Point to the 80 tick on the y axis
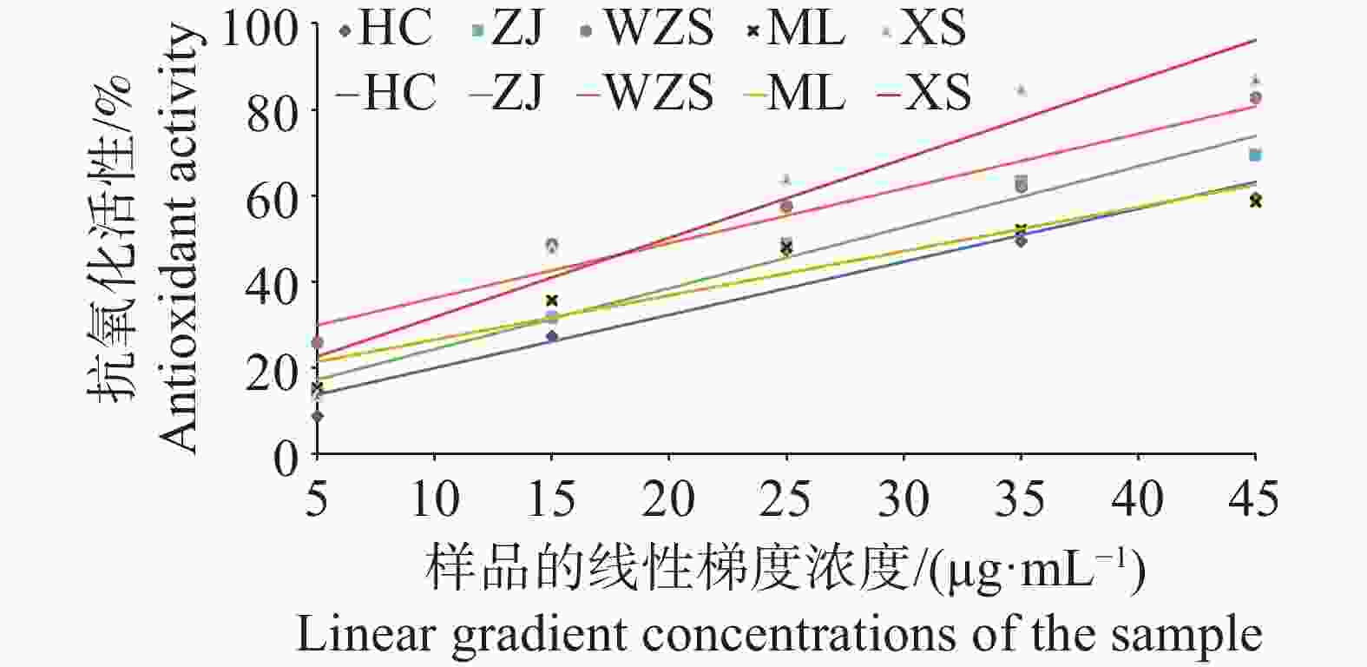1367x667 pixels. (273, 112)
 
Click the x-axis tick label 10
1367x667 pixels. (434, 500)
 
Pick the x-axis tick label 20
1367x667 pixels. (668, 500)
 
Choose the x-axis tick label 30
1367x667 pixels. (904, 500)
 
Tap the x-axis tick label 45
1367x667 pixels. (1254, 500)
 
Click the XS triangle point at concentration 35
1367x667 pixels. (1021, 89)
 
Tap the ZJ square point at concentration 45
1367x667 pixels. (1254, 155)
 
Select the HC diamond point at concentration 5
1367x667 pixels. (318, 416)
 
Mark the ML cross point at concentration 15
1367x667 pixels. (551, 300)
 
